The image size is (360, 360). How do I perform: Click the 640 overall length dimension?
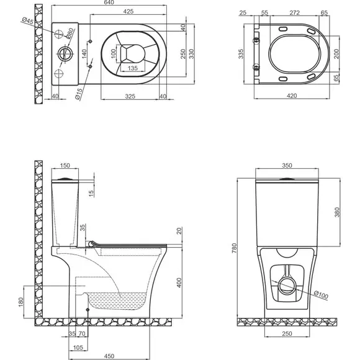[109, 2]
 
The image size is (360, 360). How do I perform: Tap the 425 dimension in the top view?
[128, 11]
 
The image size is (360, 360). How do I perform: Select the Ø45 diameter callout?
[28, 20]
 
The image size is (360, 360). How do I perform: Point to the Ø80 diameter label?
[70, 33]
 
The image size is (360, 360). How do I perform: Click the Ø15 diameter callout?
[79, 94]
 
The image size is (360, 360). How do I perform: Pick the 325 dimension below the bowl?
[130, 96]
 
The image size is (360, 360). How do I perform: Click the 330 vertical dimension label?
[191, 54]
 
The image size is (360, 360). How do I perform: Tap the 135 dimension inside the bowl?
[133, 68]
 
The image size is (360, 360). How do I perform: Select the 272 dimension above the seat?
[295, 12]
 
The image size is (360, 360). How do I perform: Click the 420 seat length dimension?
[292, 96]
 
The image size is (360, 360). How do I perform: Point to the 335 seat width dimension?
[241, 54]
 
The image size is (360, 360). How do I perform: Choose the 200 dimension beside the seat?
[336, 54]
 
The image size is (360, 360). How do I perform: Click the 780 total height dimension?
[234, 248]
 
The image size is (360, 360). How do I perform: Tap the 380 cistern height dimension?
[337, 212]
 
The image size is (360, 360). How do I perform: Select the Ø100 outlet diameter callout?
[321, 295]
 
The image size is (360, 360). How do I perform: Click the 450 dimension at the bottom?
[109, 356]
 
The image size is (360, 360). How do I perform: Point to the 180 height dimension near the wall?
[20, 302]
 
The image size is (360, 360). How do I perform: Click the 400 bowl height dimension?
[179, 282]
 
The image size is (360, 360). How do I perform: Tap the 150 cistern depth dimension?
[65, 165]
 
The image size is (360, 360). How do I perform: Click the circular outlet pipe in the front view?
[287, 286]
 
